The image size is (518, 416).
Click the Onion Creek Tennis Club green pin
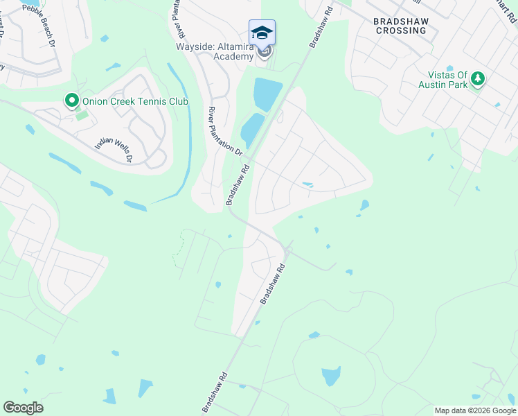[x=71, y=101]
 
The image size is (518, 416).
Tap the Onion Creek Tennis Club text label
[x=135, y=102]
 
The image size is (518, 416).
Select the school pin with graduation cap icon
[x=262, y=33]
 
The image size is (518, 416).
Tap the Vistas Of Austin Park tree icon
[x=477, y=80]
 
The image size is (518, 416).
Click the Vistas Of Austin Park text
[x=444, y=80]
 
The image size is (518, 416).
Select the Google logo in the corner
[x=23, y=407]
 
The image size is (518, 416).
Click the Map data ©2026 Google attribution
[x=475, y=410]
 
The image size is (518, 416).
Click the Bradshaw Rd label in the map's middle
[x=272, y=283]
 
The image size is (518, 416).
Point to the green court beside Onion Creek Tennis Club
[x=82, y=115]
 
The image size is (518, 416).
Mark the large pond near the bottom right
[x=331, y=376]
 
